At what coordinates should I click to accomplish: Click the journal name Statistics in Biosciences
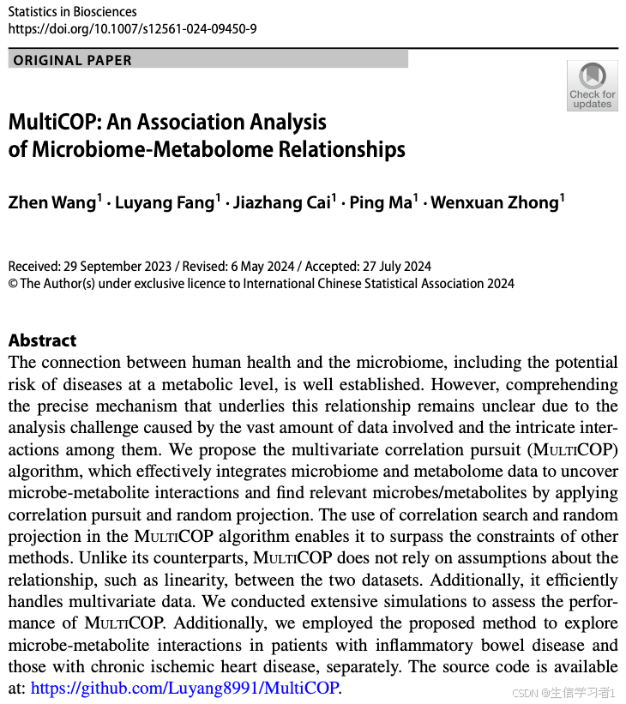pos(71,12)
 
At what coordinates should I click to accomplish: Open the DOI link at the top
pos(132,29)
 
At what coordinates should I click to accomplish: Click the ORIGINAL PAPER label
pos(73,60)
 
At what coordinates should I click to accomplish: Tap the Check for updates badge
pos(592,87)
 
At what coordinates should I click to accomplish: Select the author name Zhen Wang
pos(51,202)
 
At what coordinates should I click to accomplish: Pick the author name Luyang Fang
pos(166,202)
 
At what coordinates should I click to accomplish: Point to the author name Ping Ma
pos(381,202)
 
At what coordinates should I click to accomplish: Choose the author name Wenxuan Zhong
pos(495,202)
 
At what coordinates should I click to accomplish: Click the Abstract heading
pos(42,340)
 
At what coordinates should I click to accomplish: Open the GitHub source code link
pos(185,688)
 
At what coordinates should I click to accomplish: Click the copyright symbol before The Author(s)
pos(13,284)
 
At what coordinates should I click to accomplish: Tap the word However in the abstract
pos(456,383)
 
